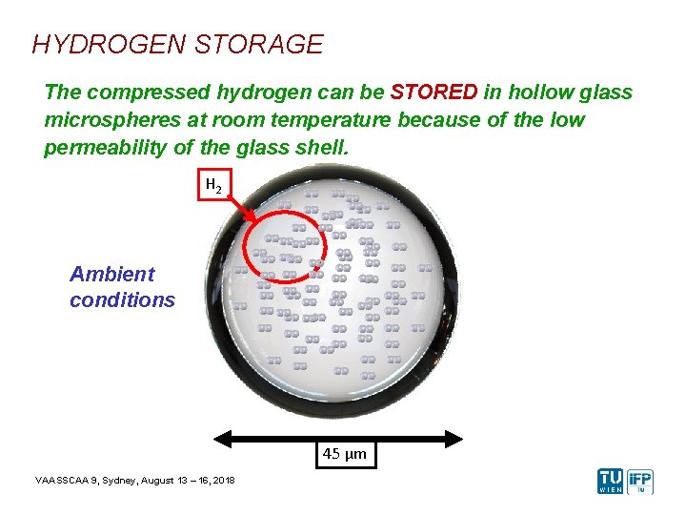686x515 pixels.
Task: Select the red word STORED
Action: [x=434, y=93]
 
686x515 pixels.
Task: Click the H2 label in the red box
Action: [x=214, y=185]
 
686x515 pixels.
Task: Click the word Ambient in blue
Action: [x=112, y=275]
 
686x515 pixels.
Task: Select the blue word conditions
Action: [x=122, y=299]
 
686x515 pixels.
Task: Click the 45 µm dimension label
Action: [x=344, y=455]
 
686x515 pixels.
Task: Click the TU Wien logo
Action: [x=611, y=481]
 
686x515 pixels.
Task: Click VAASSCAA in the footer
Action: [x=58, y=479]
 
